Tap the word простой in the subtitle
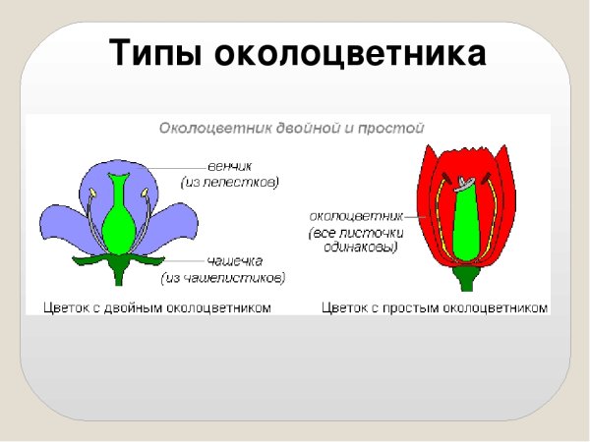[x=395, y=128]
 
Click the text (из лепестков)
[x=231, y=182]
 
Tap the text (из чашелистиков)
[x=234, y=278]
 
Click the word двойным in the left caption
[x=150, y=308]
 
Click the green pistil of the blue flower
[x=119, y=221]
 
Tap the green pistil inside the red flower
[x=463, y=231]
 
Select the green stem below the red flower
[x=464, y=280]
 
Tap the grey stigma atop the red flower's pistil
[x=464, y=183]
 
